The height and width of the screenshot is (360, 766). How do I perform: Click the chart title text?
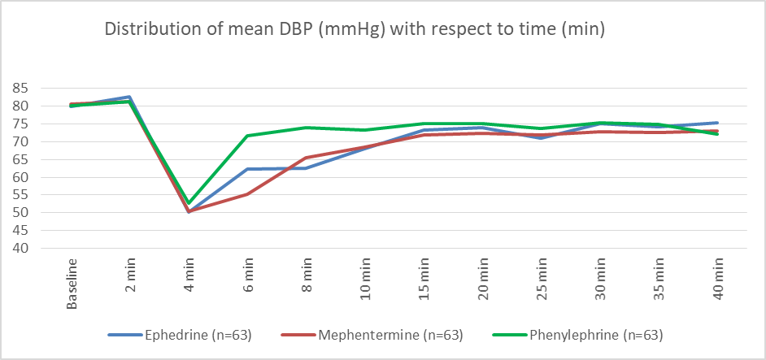[355, 30]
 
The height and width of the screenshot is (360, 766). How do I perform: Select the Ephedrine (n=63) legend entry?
[180, 335]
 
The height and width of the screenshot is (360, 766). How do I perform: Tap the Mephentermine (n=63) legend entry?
[372, 335]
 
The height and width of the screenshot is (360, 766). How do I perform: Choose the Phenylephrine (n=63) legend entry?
[577, 335]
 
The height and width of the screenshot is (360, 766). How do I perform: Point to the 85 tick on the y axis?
[22, 89]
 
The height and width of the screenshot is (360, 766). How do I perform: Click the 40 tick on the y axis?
[22, 248]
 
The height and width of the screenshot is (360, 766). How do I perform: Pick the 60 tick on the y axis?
[22, 177]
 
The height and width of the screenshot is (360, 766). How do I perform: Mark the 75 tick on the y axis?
[22, 124]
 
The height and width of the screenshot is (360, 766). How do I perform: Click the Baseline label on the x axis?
[72, 284]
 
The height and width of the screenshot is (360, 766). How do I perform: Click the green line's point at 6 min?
[248, 136]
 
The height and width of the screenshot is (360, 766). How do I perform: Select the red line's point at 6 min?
[248, 194]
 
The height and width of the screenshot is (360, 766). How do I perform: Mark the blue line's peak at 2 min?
[130, 97]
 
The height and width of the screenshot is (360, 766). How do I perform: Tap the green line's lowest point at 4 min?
[189, 202]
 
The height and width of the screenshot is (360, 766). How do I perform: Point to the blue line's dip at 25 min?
[541, 138]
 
